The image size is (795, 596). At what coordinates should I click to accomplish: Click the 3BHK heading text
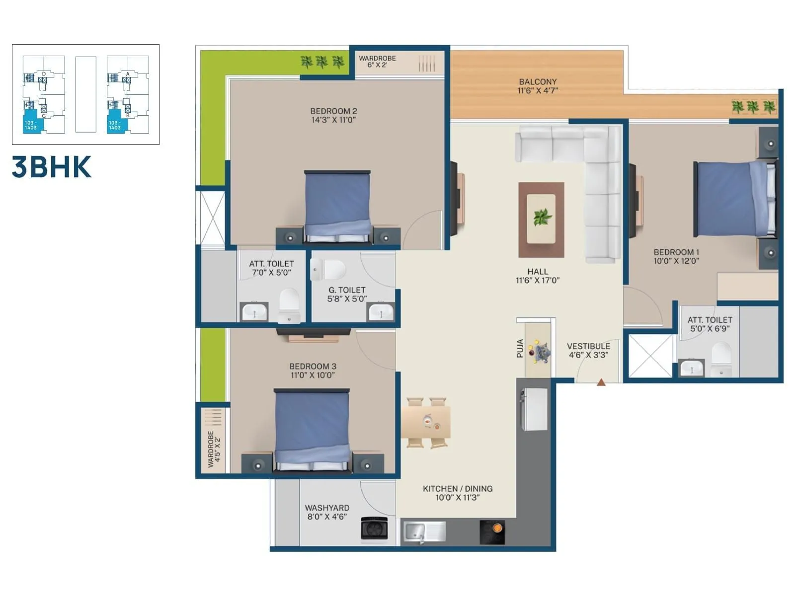(x=52, y=167)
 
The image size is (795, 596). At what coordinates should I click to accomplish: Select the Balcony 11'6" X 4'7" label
(x=538, y=86)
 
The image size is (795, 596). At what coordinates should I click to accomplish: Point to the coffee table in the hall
(x=541, y=219)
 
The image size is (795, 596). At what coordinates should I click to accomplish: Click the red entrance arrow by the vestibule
(x=601, y=382)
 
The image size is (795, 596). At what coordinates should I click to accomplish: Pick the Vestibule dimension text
(x=588, y=355)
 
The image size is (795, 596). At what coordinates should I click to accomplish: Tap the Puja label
(x=520, y=348)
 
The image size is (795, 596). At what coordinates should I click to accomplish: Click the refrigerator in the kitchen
(x=535, y=409)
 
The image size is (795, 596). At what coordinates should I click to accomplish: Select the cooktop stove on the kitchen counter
(x=492, y=532)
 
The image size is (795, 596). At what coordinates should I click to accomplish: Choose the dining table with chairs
(x=426, y=422)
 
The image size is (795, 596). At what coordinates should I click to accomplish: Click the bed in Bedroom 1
(x=734, y=199)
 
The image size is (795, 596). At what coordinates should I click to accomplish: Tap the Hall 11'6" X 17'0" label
(x=538, y=276)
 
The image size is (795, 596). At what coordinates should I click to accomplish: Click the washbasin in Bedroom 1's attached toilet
(x=691, y=368)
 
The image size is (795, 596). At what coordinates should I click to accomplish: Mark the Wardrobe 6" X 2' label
(x=377, y=62)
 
